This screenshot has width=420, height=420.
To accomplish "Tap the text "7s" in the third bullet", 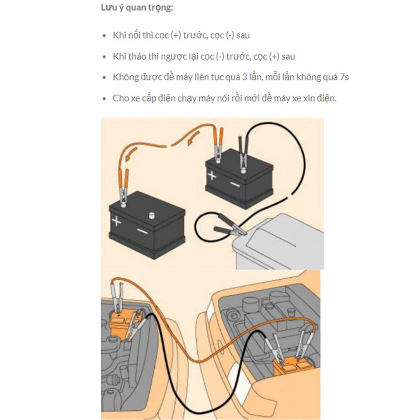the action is point(344,77).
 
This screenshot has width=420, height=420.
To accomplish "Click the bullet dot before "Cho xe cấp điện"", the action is point(105,99).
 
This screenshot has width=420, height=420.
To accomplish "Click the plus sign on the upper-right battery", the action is point(212,176).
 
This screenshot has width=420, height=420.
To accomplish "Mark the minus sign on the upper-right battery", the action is point(235,184).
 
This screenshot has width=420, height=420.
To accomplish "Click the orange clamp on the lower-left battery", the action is point(123,187).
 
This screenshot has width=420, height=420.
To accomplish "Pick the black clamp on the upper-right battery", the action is point(243,154).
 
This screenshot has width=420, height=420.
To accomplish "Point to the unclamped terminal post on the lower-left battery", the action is point(152,215).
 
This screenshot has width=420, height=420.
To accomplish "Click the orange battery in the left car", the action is point(123,323).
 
